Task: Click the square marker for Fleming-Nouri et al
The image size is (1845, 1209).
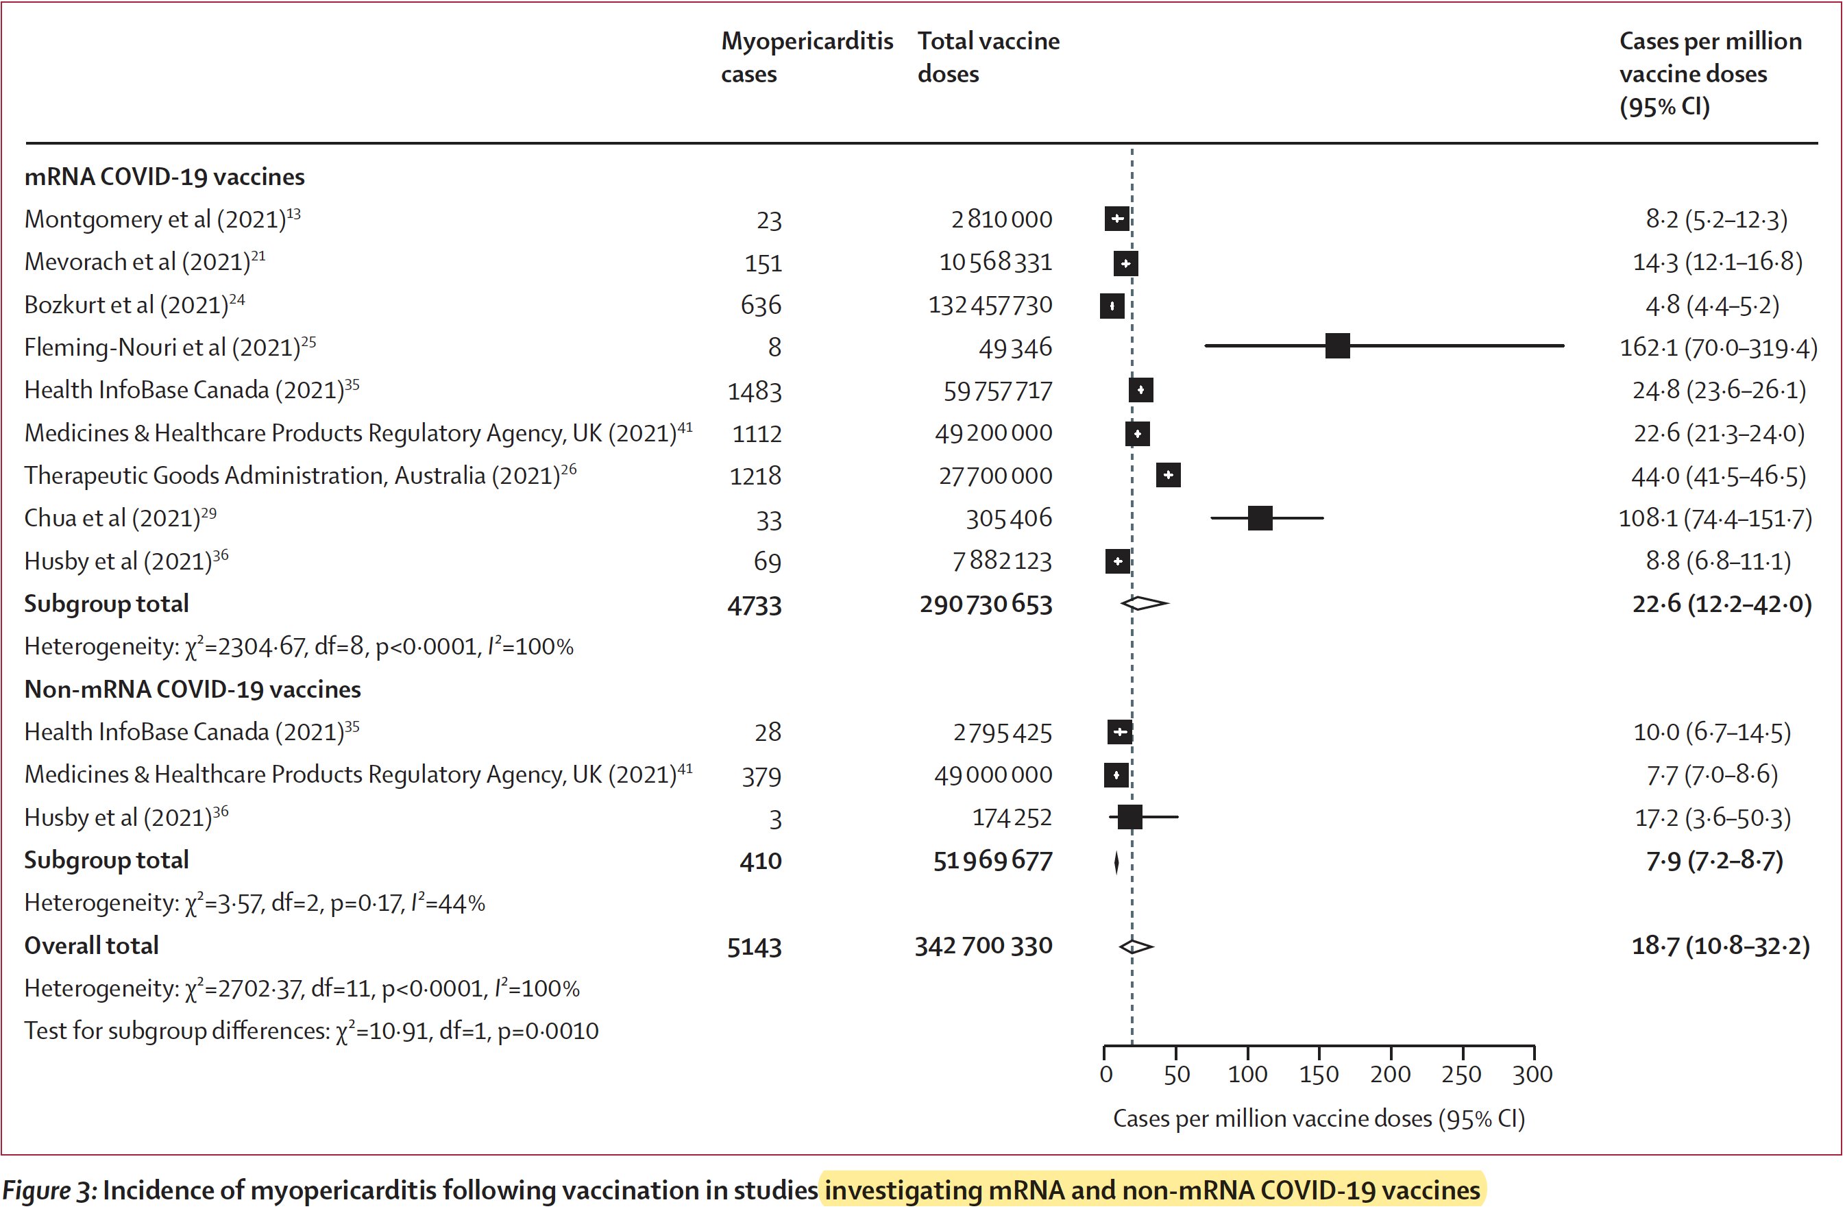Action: [x=1337, y=345]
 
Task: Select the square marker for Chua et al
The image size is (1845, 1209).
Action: [x=1260, y=517]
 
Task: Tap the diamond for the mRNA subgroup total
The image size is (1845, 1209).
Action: [x=1144, y=603]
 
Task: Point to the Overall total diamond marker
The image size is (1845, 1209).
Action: [x=1136, y=947]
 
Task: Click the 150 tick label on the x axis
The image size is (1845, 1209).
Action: [x=1319, y=1074]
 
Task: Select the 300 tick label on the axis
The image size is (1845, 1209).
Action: [x=1532, y=1074]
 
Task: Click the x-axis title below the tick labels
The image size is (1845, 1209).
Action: [x=1319, y=1119]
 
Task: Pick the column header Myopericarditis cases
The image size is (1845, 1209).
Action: [x=806, y=58]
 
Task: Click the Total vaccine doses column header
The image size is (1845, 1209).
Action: [x=988, y=58]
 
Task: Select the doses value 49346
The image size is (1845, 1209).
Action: [x=1015, y=348]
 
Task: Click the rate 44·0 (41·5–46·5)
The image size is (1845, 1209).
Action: [x=1718, y=476]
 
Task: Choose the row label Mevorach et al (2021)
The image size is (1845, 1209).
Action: [x=144, y=262]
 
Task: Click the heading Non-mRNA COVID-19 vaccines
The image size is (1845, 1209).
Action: [x=193, y=689]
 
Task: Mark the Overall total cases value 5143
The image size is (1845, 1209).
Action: [x=755, y=947]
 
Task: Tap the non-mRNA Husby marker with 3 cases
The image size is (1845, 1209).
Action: [x=1129, y=817]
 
